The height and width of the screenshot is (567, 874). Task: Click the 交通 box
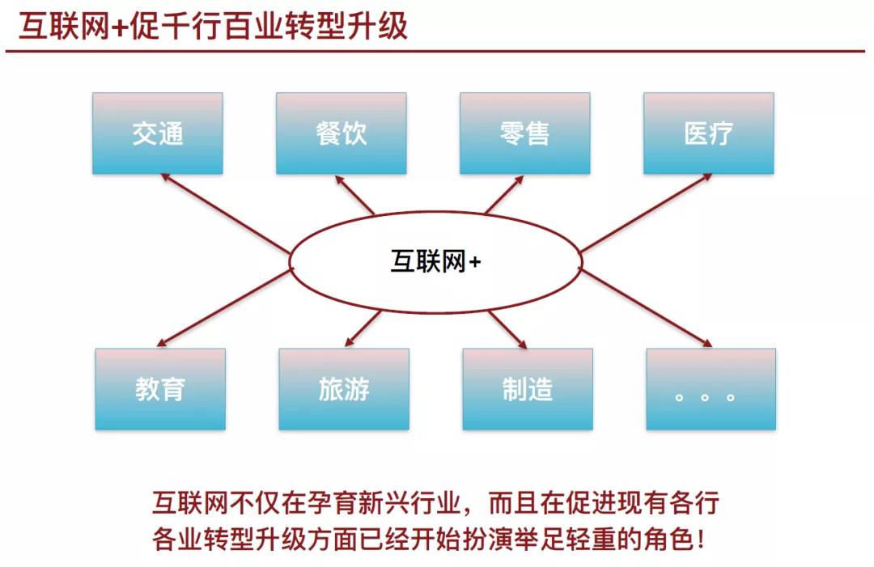158,133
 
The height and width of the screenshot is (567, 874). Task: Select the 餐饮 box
341,133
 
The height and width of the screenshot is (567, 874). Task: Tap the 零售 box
524,133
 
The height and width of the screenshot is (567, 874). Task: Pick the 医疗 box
708,133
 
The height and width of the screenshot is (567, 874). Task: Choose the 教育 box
160,389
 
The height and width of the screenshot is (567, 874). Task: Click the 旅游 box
344,389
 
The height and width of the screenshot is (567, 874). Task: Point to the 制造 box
528,389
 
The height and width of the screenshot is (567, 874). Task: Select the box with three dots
711,389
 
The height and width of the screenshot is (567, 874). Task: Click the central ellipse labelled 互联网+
435,261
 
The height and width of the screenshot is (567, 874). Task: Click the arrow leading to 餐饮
355,194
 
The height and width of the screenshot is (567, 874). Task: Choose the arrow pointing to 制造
507,328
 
